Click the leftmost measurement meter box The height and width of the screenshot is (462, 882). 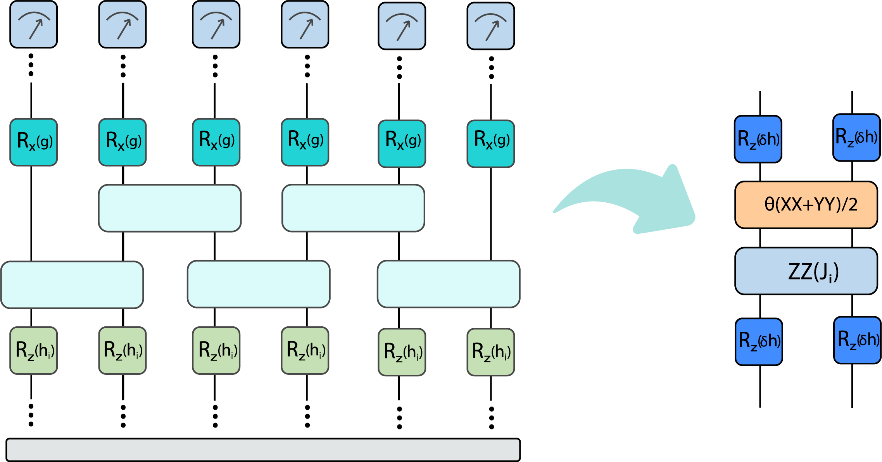point(34,25)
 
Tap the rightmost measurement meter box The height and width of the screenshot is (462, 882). point(491,26)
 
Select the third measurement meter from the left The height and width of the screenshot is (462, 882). point(216,25)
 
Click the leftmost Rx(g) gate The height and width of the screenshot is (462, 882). point(34,142)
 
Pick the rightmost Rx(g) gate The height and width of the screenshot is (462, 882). point(491,144)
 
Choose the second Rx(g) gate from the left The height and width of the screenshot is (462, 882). point(123,142)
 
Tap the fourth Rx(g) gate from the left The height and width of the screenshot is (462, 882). point(305,142)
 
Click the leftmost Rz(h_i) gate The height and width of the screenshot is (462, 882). point(34,350)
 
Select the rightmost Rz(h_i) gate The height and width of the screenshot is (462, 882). point(491,352)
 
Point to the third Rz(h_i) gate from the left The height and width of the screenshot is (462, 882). point(216,350)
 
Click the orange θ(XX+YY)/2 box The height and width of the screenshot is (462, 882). point(806,205)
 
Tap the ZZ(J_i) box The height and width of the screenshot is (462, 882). point(806,271)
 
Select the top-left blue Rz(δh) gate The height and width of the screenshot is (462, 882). point(758,139)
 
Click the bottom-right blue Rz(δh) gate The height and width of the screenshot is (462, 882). point(857,340)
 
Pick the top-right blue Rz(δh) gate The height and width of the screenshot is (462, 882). point(856,138)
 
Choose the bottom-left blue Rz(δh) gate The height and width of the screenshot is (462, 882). point(759,342)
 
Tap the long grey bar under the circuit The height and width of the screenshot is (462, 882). point(263,450)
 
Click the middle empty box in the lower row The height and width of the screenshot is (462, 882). point(259,284)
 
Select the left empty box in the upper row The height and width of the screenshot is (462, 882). point(169,208)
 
